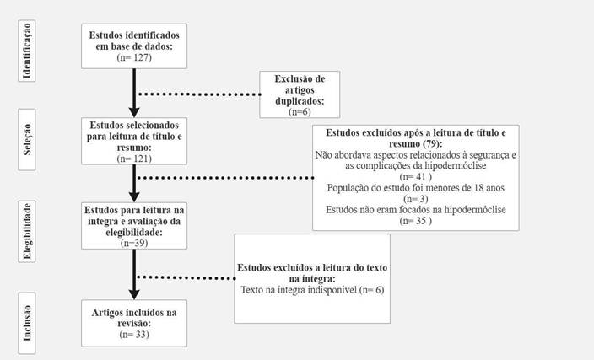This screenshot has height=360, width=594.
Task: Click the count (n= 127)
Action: (x=134, y=57)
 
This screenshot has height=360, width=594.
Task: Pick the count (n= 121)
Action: (x=134, y=157)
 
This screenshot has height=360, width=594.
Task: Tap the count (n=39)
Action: (x=134, y=243)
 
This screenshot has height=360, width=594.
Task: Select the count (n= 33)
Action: (x=134, y=335)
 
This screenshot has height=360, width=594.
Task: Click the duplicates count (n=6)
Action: (x=300, y=110)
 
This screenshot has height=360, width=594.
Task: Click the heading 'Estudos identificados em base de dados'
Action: (x=134, y=40)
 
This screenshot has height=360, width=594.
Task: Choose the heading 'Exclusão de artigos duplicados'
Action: (x=300, y=89)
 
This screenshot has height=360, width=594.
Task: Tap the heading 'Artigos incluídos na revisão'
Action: (x=134, y=318)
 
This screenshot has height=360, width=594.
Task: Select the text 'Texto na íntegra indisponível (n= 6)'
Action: (x=312, y=289)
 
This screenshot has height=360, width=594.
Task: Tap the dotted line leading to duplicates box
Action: (x=198, y=94)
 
